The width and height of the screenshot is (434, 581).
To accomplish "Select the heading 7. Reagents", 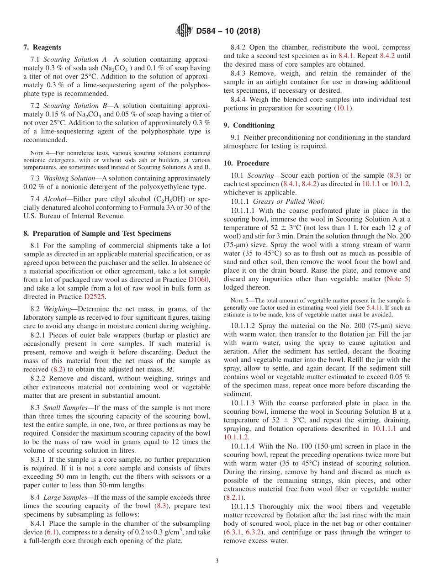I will pyautogui.click(x=42, y=48).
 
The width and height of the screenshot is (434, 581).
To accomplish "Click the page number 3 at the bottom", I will pyautogui.click(x=217, y=561).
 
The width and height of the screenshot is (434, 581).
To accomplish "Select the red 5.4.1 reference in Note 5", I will pyautogui.click(x=374, y=307).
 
